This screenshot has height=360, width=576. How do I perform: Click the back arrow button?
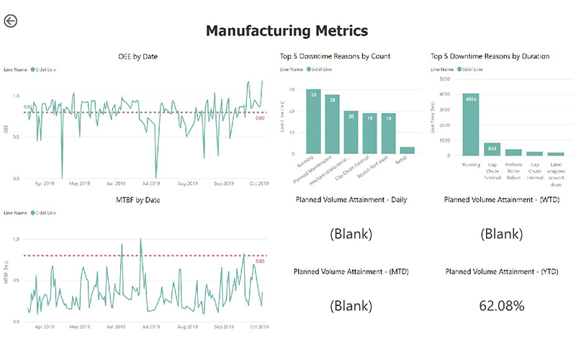(10, 21)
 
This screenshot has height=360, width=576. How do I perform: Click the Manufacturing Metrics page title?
(287, 30)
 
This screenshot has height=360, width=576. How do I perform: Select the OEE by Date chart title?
(138, 56)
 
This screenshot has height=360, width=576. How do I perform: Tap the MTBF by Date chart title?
(138, 199)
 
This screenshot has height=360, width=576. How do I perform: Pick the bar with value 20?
(351, 132)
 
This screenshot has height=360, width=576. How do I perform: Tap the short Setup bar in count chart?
(408, 150)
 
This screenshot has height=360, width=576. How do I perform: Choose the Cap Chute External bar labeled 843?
(492, 149)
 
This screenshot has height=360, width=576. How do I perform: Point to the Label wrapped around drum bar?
(554, 153)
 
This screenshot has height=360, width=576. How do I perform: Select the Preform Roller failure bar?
(513, 152)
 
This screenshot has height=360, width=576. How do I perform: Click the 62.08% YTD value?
(502, 305)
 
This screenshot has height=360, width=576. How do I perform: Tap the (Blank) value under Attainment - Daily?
(351, 234)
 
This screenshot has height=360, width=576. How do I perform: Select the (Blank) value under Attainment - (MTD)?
(351, 305)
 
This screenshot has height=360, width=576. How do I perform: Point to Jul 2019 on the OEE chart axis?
(150, 184)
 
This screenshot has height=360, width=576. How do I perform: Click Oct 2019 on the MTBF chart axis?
(258, 326)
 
